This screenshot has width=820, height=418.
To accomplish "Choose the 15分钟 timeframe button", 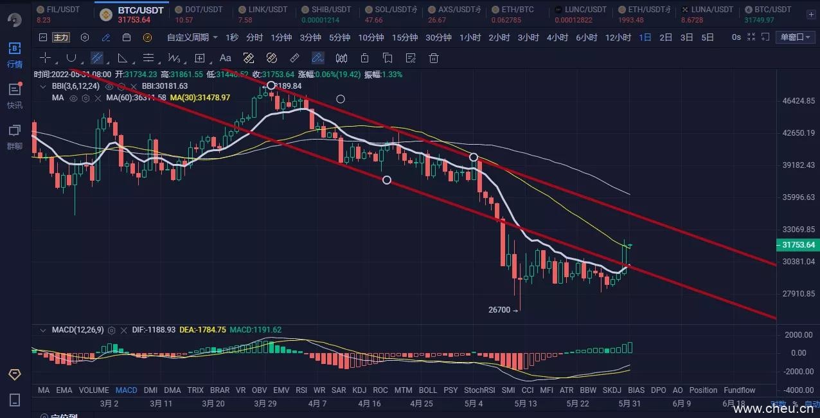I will click(x=404, y=37).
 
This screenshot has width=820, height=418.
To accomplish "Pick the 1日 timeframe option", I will click(x=645, y=37).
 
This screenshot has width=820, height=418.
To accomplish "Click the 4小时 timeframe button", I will click(x=557, y=37).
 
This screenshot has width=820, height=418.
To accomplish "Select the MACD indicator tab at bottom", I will click(x=126, y=390).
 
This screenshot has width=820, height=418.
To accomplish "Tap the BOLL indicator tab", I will click(x=427, y=390).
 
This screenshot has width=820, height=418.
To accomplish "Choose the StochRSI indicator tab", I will click(x=479, y=390).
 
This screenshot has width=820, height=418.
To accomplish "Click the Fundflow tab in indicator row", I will click(x=739, y=390).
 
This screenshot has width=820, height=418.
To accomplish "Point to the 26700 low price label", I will click(x=499, y=310).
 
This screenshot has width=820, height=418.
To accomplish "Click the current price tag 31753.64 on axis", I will click(x=799, y=245).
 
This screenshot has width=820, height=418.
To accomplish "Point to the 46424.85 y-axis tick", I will click(x=798, y=101).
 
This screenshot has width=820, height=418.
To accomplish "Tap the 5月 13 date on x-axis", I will click(x=526, y=404).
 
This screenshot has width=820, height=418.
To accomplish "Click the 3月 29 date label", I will click(x=265, y=404).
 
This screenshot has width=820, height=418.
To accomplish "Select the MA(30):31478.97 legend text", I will click(x=200, y=98).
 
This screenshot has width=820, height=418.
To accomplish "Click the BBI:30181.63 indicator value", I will click(x=165, y=86).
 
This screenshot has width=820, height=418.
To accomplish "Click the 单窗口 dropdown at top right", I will click(x=796, y=37).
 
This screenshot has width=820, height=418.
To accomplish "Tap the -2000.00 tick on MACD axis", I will click(x=799, y=371).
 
